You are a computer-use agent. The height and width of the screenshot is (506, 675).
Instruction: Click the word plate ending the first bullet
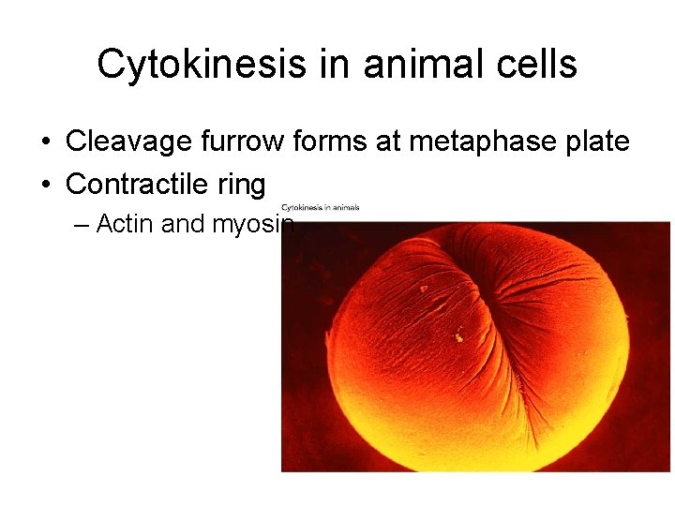[595, 142]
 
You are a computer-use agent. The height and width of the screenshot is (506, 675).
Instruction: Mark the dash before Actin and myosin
[82, 225]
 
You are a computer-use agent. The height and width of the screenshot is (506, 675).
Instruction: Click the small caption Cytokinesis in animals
[320, 208]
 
